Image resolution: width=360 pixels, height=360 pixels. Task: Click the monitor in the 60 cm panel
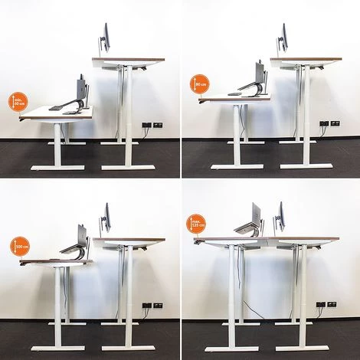click(106, 37)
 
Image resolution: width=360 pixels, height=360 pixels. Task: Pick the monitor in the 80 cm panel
click(283, 38)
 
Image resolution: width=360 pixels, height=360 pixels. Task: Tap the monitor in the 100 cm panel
click(106, 218)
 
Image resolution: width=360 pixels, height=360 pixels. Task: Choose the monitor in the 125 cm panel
click(281, 217)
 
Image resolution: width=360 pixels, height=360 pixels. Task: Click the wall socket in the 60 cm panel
click(157, 124)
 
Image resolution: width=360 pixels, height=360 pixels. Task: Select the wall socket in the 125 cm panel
click(332, 304)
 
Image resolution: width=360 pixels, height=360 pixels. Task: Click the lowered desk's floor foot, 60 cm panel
click(57, 165)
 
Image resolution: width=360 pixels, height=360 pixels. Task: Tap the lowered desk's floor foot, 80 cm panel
click(236, 165)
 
